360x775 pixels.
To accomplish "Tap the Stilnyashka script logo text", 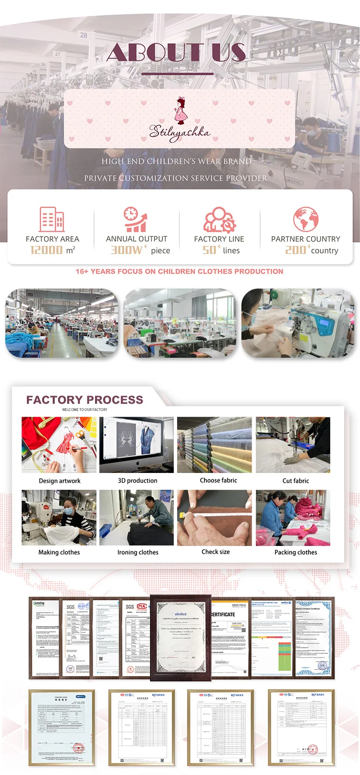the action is click(x=179, y=132).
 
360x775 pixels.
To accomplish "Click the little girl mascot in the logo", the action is click(x=180, y=110).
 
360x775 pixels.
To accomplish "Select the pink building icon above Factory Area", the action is click(x=51, y=219).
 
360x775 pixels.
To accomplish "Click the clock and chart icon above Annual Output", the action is click(x=135, y=219).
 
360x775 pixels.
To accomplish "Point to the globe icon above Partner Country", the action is click(x=306, y=219).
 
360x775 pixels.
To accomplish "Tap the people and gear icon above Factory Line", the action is click(x=219, y=219).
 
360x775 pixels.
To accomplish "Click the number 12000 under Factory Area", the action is click(x=47, y=250).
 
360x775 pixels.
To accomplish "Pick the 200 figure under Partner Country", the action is click(x=296, y=250).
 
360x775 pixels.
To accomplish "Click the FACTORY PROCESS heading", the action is click(x=84, y=400).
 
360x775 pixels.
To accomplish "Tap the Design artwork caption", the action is click(x=60, y=481).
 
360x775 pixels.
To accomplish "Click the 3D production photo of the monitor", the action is click(x=136, y=445).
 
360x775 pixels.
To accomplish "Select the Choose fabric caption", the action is click(x=218, y=480).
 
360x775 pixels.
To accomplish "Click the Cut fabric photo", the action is click(x=293, y=445).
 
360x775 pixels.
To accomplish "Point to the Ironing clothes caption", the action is click(x=138, y=552).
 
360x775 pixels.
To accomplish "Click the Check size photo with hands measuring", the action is click(x=214, y=518).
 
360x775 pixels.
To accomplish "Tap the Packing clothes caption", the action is click(x=296, y=552).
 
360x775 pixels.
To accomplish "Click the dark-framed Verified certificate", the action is click(x=180, y=637).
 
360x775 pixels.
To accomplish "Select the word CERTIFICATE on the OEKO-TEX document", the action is click(x=224, y=614).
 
